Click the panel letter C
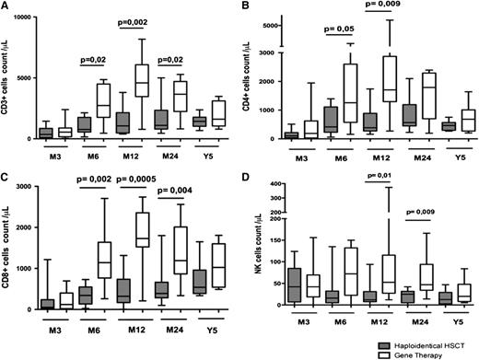tap(6, 178)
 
